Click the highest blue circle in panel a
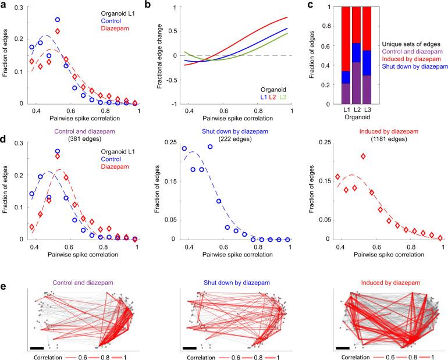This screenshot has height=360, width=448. [58, 20]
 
